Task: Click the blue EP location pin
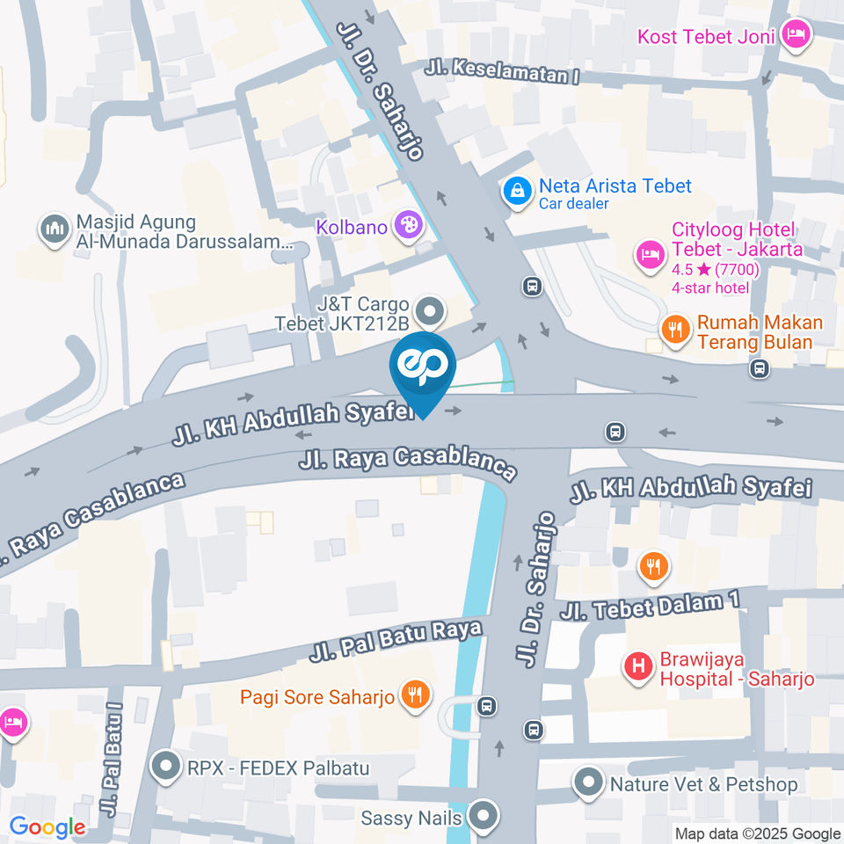point(423,367)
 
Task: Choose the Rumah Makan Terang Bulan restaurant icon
point(675,330)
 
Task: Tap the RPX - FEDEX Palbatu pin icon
point(164,768)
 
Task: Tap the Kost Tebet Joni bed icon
point(797,35)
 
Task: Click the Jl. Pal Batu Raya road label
point(396,643)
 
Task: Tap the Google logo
point(47,827)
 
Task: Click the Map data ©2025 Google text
point(758,833)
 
